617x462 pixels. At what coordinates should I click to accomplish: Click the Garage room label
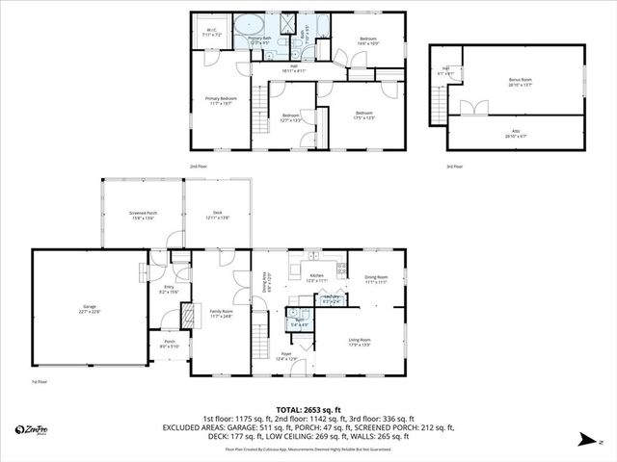coord(91,309)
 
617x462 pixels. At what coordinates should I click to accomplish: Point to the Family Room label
coord(222,313)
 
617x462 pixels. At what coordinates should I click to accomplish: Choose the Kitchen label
coord(316,277)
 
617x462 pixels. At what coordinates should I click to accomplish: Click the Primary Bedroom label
coord(221,100)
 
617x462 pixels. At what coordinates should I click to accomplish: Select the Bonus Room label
coord(521,82)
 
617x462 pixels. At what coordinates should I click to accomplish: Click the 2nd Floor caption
coord(199,166)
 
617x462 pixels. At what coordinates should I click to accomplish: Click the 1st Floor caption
coord(40,381)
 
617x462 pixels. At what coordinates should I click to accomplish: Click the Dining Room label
coord(376,279)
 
